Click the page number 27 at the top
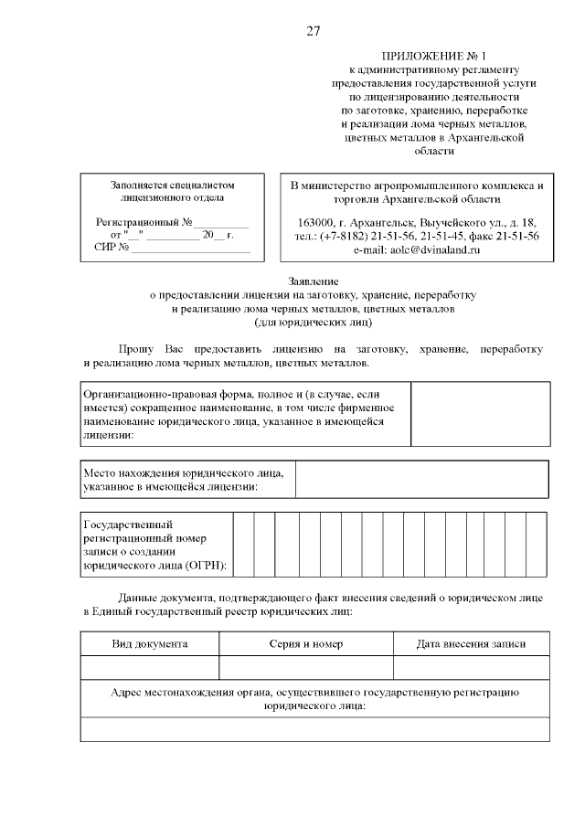[x=313, y=31]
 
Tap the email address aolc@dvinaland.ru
[x=416, y=249]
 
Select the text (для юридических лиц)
[x=314, y=322]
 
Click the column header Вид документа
[x=150, y=644]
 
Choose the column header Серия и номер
[x=306, y=644]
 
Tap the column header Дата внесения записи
[x=471, y=644]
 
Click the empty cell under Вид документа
[x=150, y=669]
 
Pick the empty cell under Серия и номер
[x=306, y=669]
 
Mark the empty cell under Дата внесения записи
[x=471, y=669]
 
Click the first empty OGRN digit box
[x=243, y=545]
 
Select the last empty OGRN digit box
[x=538, y=545]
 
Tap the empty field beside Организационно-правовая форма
[x=480, y=414]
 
